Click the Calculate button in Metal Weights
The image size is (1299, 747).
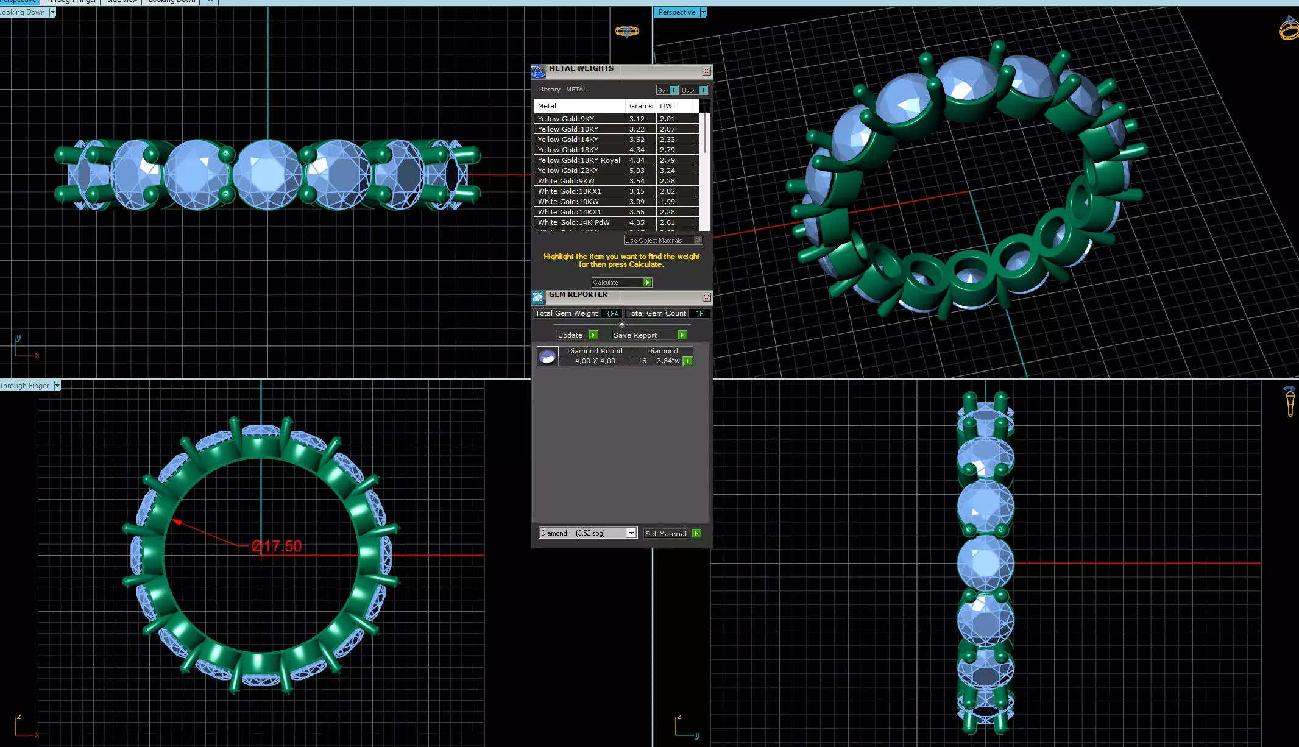(621, 283)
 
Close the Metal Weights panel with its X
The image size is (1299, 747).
(706, 71)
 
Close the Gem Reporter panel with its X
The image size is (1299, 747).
(706, 297)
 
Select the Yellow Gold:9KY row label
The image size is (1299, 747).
(566, 119)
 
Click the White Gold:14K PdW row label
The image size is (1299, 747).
(573, 222)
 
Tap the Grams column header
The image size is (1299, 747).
(640, 106)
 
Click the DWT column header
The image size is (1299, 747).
(668, 106)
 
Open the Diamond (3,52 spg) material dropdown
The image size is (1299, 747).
(631, 533)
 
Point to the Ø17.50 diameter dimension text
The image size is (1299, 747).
(277, 546)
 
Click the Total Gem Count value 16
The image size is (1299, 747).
(699, 313)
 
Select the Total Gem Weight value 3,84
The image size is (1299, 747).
(611, 313)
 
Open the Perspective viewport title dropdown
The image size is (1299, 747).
(703, 12)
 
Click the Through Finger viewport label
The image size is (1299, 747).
(25, 386)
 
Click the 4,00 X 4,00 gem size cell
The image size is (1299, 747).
(595, 361)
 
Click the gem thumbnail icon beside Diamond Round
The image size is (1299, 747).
(547, 356)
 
